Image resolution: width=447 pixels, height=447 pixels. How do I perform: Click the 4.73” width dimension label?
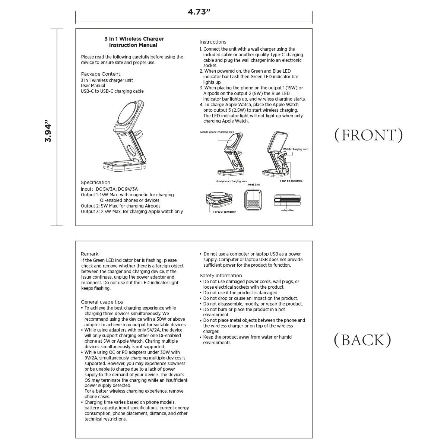199,12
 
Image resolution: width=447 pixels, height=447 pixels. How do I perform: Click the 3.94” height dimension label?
48,131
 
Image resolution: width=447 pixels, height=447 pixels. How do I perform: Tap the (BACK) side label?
362,340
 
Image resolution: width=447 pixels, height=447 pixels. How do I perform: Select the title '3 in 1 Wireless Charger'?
134,39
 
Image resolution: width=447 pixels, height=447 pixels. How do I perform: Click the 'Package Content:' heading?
101,74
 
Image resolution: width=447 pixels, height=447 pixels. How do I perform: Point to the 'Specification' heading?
95,182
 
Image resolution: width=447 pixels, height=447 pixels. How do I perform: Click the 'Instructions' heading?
213,42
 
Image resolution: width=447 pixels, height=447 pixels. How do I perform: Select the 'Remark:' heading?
90,254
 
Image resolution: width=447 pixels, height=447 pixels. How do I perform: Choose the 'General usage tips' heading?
102,302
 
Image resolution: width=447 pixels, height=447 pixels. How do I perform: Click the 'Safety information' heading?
221,276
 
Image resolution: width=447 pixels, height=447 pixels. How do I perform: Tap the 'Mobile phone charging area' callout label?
217,132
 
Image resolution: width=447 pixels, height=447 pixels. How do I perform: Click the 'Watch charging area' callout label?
295,149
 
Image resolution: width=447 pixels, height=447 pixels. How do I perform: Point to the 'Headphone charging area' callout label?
231,181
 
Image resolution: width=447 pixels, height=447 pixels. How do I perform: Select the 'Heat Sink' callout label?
254,185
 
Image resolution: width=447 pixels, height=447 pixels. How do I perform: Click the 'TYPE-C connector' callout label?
224,212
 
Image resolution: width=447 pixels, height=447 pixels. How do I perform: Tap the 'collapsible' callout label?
287,210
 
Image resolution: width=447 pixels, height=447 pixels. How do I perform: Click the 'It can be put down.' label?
291,181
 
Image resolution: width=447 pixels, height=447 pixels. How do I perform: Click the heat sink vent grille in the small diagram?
253,204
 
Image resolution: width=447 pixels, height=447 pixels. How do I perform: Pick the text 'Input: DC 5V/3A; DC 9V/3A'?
109,189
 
